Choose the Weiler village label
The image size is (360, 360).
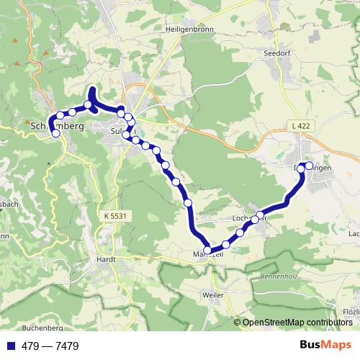point(213,296)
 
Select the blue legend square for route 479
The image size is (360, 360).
point(9,346)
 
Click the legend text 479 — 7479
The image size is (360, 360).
point(50,346)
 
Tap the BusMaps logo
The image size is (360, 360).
point(325,345)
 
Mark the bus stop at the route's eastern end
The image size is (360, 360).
point(310,166)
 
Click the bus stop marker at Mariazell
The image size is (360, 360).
point(208,251)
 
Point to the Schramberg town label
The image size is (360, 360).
point(58,125)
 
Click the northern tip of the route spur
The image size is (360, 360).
point(92,90)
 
